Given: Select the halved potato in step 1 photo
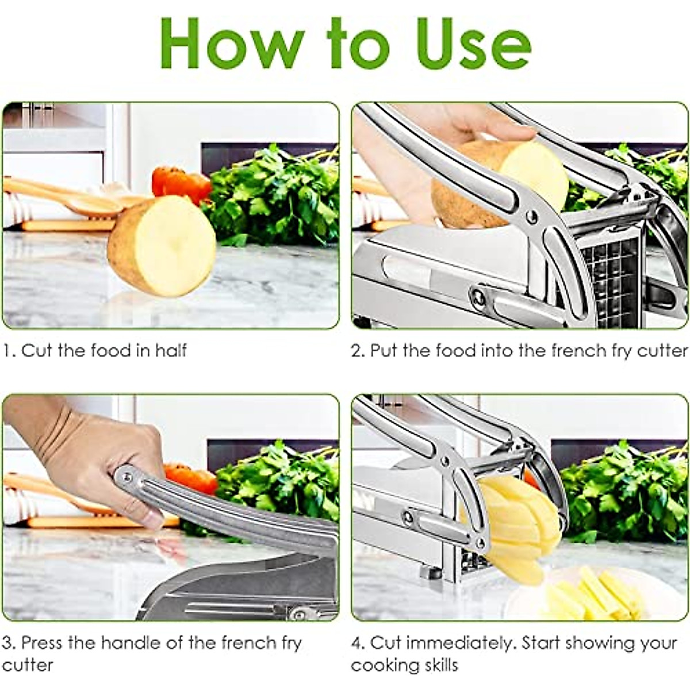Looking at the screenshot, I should point(163,246).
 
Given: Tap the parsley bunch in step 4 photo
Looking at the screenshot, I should point(624,489).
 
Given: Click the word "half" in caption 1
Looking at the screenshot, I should point(171,350).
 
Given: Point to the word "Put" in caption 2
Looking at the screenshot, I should point(384,350).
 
